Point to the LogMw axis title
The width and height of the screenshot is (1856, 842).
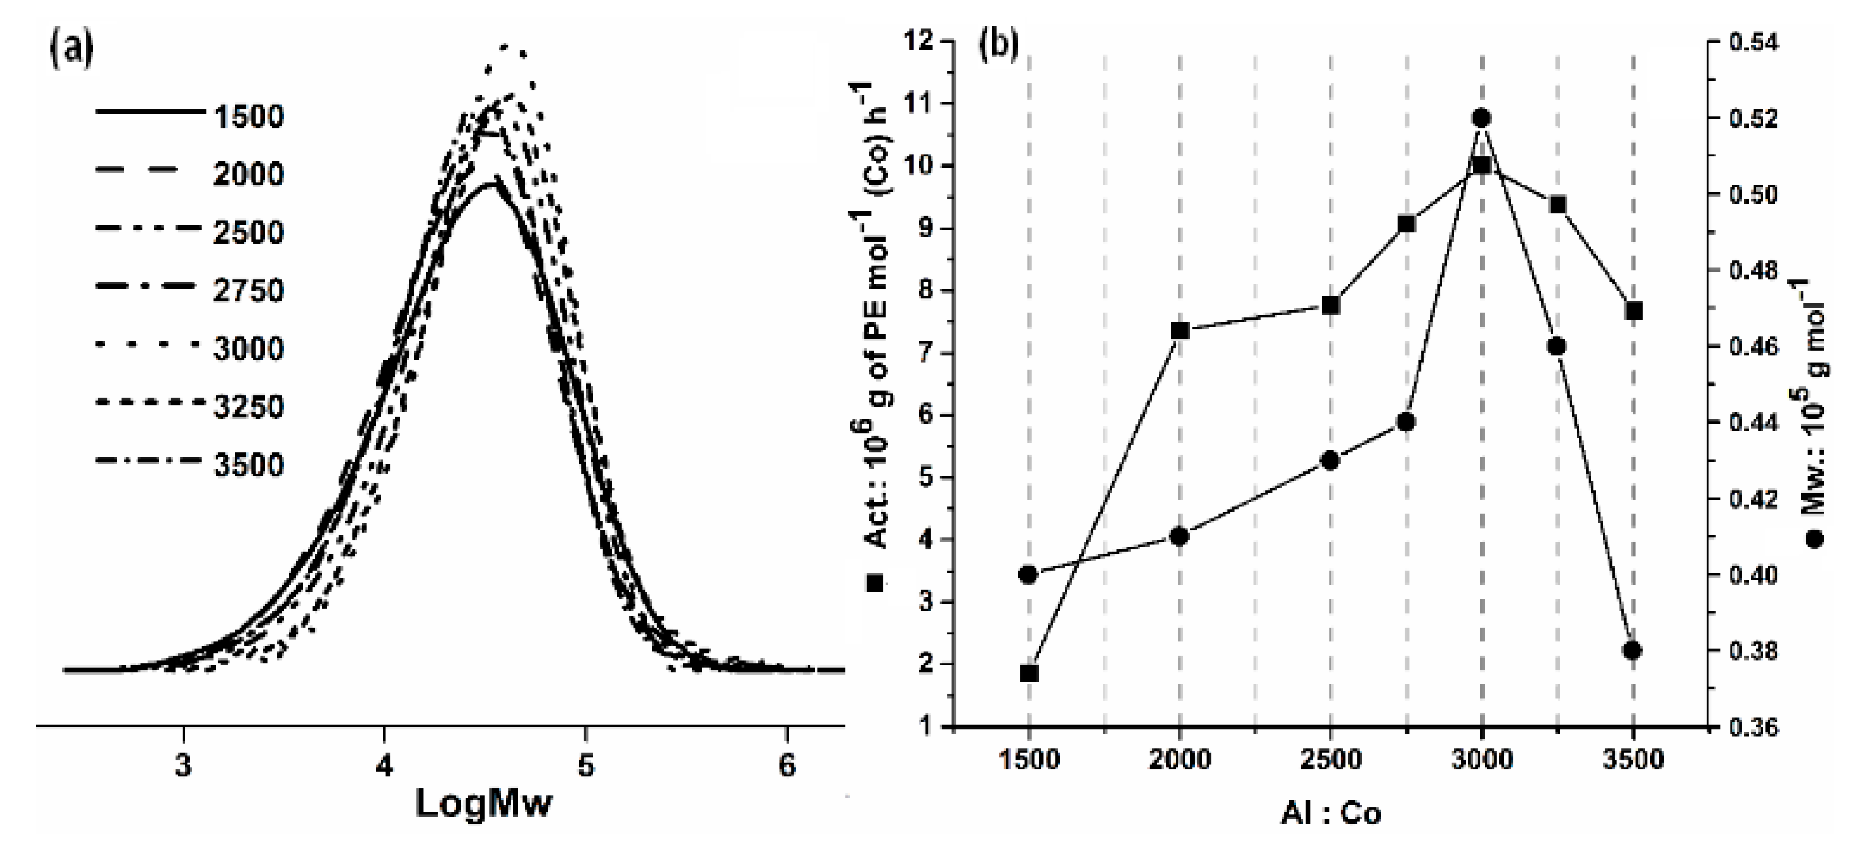click(484, 803)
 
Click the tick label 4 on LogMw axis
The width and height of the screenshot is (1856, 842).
click(384, 765)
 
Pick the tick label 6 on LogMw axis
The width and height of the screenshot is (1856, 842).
click(787, 765)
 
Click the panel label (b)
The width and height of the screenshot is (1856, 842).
click(998, 45)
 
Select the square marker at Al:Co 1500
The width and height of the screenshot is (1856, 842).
click(1029, 674)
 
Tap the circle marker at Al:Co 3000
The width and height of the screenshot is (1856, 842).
click(1482, 117)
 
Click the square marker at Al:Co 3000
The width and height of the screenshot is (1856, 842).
click(1482, 166)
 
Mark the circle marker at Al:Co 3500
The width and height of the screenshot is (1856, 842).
click(1633, 650)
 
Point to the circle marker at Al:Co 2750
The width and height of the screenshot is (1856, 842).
click(1406, 423)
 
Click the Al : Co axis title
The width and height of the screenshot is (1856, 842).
click(1330, 813)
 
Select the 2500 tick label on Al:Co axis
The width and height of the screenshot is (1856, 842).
click(1330, 760)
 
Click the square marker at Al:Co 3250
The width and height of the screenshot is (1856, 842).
click(1557, 205)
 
